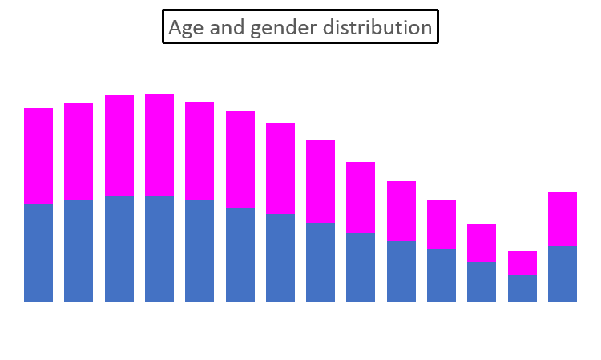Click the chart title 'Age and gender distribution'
300,27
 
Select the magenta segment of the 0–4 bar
38,156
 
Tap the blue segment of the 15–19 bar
159,249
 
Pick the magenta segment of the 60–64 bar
522,263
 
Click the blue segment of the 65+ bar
563,274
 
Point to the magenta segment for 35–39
321,181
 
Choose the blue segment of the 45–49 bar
401,272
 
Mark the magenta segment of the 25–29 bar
240,160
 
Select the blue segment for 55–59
482,282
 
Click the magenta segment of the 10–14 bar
119,146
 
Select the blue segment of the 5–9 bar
79,251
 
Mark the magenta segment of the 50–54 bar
442,224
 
